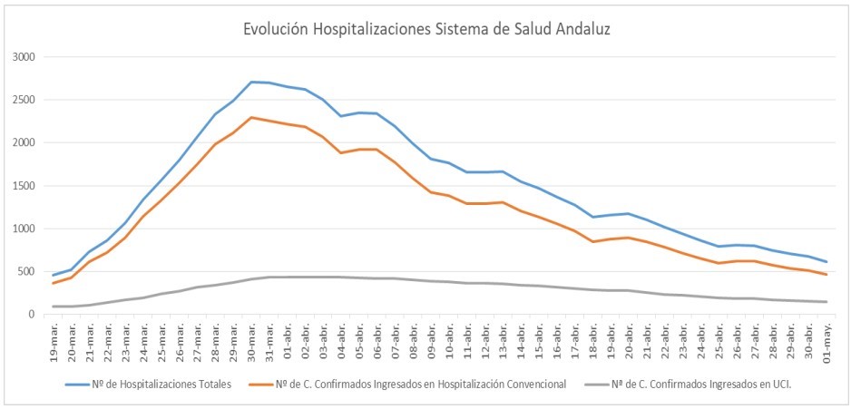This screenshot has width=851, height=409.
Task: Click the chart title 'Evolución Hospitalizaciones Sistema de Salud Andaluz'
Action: point(425,29)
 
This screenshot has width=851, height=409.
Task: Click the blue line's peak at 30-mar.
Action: point(251,82)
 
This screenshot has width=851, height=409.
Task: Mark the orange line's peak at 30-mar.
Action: point(251,117)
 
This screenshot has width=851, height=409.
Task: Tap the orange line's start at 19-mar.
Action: point(54,283)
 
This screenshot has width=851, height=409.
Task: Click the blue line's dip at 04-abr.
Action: point(341,116)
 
